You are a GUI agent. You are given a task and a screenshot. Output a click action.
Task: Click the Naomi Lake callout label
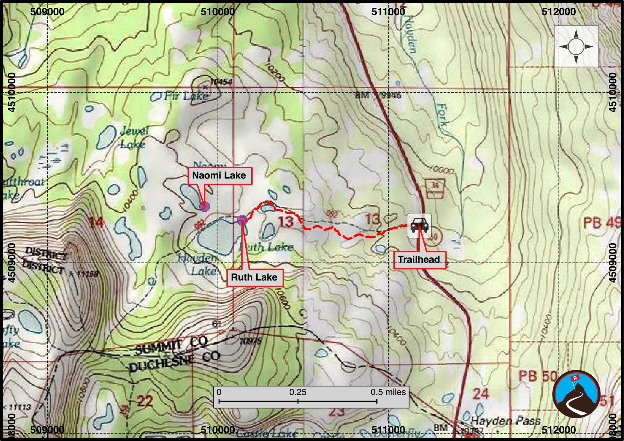219,175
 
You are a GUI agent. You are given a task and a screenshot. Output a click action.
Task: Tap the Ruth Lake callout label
254,277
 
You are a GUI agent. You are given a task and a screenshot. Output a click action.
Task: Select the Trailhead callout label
419,259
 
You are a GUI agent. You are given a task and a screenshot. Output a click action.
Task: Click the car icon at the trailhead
419,226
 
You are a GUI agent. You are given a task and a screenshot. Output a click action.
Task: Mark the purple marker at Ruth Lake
242,220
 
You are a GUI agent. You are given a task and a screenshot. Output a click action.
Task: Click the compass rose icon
576,47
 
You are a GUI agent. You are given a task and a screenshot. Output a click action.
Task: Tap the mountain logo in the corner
577,394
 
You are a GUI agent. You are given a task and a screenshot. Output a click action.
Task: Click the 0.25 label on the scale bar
298,392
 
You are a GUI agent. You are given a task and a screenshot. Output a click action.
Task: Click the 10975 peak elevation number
250,341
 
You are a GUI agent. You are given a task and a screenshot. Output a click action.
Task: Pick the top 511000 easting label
388,12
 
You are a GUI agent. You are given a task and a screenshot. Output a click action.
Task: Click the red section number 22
144,401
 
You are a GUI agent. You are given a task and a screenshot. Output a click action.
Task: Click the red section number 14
96,222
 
